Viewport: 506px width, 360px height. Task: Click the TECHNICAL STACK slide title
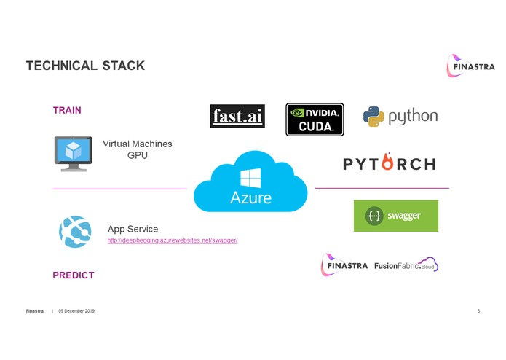point(85,66)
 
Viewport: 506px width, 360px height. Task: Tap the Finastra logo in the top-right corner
point(470,66)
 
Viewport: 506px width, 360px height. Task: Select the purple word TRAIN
point(67,111)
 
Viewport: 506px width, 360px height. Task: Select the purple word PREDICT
point(73,275)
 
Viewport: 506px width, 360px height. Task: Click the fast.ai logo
point(237,117)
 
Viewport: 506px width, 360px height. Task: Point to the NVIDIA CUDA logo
point(315,120)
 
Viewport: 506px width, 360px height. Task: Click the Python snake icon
point(373,117)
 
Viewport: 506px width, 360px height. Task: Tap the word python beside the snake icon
point(413,117)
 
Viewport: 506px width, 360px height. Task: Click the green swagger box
point(396,216)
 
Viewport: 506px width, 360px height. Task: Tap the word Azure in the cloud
point(250,197)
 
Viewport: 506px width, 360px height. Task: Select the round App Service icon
point(75,232)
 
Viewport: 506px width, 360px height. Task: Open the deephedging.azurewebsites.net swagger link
point(173,240)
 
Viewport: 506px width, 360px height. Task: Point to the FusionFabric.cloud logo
point(406,266)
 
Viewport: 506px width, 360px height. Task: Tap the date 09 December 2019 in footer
point(76,311)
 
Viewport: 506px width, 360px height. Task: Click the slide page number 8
point(478,311)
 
